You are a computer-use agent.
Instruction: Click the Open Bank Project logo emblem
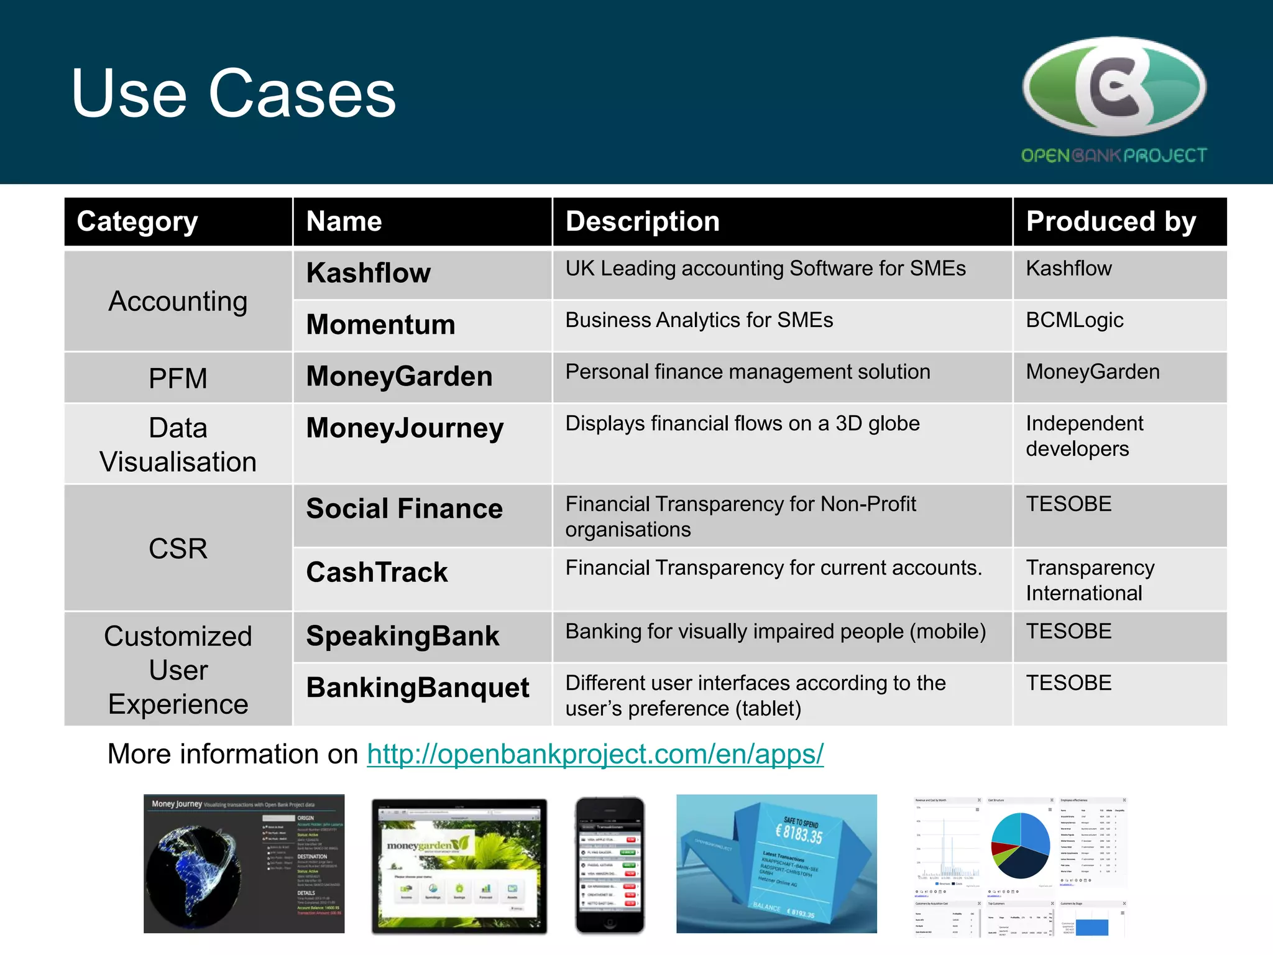(1114, 87)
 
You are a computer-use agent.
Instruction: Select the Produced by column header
(1111, 221)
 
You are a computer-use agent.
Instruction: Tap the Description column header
(643, 221)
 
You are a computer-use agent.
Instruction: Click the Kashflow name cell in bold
(369, 273)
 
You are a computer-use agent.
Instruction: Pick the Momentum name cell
(380, 325)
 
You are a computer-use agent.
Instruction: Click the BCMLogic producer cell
(1074, 320)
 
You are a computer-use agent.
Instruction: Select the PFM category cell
(178, 378)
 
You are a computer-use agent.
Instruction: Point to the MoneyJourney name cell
(405, 428)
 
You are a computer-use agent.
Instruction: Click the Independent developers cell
(1085, 436)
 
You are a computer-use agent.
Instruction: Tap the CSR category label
(178, 548)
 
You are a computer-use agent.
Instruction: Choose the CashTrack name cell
(377, 572)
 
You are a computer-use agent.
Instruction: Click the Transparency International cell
(1090, 580)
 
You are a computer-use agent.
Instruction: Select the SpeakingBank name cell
(403, 636)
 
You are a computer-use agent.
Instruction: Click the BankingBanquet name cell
(418, 688)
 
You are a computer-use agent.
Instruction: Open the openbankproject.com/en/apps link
(595, 754)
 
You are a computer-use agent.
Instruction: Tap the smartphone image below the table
(610, 865)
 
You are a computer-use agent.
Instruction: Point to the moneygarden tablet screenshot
(459, 865)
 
